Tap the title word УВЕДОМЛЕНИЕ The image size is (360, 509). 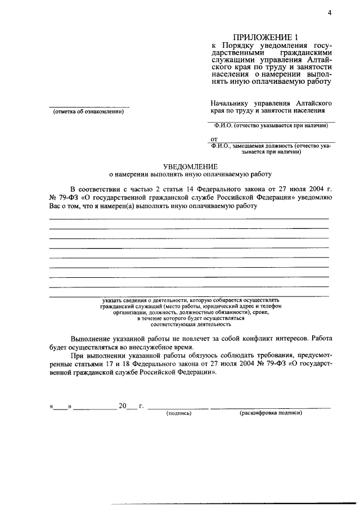tap(190, 166)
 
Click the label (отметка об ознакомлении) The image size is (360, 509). tap(88, 111)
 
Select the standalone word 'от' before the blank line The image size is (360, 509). tap(214, 138)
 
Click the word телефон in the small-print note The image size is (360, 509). tap(269, 306)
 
